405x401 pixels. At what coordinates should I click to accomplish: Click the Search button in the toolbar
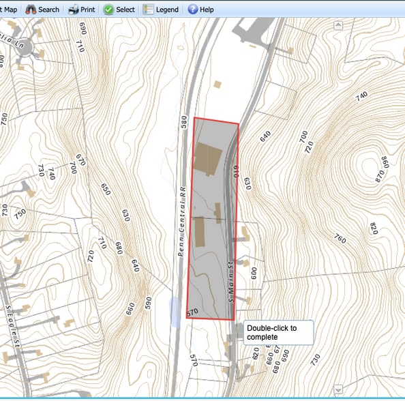coord(42,10)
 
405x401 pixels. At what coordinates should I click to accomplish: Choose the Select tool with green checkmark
coord(119,10)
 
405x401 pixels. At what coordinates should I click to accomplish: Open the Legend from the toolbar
coord(161,10)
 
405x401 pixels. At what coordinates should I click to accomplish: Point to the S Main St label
coord(231,280)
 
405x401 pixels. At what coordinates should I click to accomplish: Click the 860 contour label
coord(385,163)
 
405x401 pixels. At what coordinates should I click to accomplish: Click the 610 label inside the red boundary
coord(236,170)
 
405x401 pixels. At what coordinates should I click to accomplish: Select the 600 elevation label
coord(254,272)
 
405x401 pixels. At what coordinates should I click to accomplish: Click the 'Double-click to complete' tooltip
coord(277,332)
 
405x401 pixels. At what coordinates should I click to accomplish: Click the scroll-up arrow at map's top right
coord(337,25)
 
